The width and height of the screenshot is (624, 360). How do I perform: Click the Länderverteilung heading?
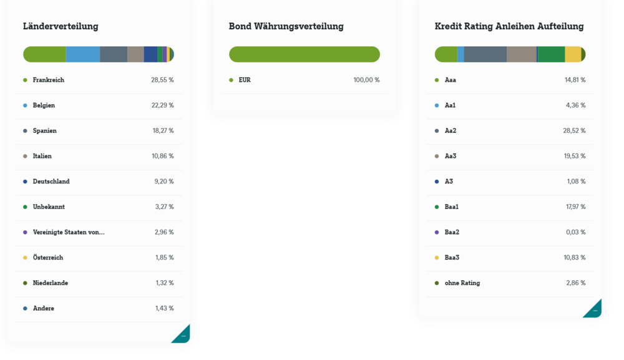click(61, 26)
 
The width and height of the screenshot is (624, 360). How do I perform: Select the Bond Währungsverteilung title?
click(286, 26)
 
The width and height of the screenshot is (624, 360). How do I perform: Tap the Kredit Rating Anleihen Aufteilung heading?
click(509, 26)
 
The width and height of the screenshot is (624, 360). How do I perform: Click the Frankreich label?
click(49, 80)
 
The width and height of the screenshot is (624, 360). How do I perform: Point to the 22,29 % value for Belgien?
click(162, 105)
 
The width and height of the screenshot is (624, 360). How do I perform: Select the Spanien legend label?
click(45, 131)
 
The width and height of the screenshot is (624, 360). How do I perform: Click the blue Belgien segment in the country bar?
click(83, 54)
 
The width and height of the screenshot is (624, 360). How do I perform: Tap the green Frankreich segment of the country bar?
click(45, 54)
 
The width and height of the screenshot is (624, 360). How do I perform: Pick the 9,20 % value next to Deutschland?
click(164, 182)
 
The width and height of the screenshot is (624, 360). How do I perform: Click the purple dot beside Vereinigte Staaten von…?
click(25, 232)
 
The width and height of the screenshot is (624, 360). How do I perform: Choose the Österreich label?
click(48, 258)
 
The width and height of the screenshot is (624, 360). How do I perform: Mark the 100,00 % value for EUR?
click(366, 80)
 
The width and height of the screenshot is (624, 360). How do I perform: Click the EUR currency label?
click(245, 80)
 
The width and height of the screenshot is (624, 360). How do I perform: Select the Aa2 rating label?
click(451, 131)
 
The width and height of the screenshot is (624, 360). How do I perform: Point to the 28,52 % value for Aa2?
click(574, 131)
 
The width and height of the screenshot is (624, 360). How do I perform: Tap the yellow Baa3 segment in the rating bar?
click(573, 54)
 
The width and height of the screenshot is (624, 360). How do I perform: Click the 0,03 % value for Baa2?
click(575, 232)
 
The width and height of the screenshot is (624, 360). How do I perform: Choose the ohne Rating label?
click(462, 283)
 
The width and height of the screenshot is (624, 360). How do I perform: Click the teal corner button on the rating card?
click(595, 310)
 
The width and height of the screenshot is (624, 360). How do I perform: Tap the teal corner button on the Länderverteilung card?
click(183, 336)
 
